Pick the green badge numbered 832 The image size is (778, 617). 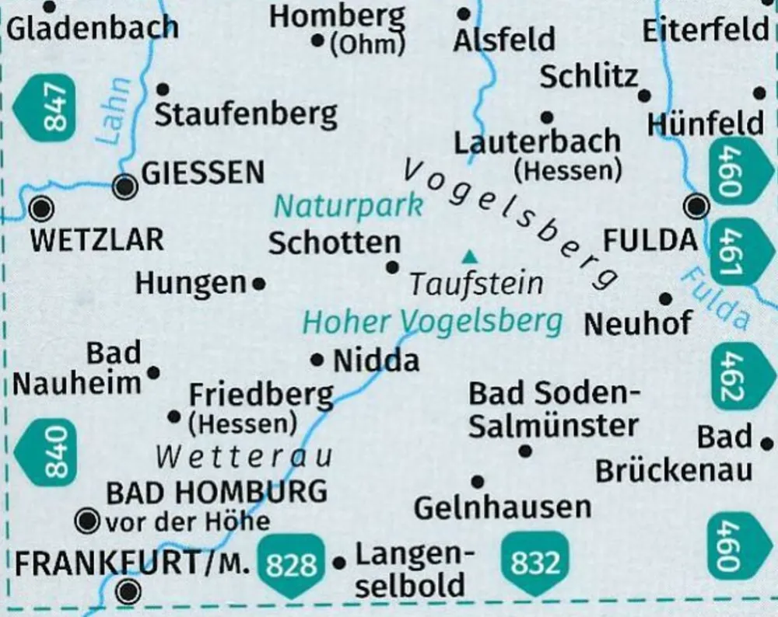coord(535,563)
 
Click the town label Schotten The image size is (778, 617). coord(335,243)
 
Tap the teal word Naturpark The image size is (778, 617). coord(349,207)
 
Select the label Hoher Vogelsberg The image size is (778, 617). coord(432,321)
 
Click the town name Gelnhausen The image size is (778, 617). coord(503,507)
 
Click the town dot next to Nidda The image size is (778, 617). coord(317,360)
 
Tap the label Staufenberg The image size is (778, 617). coord(246,115)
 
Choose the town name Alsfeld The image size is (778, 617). coord(505,39)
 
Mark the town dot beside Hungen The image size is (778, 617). coord(259,284)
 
